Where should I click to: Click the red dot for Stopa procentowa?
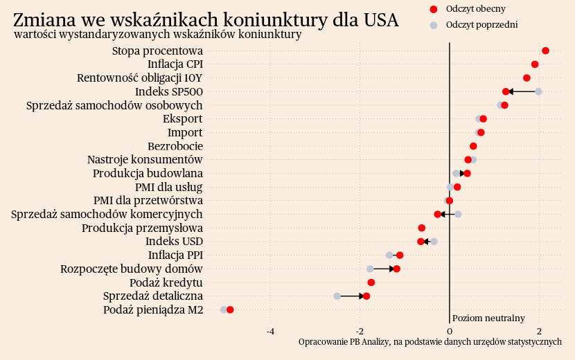(545, 51)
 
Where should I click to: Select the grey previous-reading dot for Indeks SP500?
(538, 91)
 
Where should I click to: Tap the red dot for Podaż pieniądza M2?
(230, 309)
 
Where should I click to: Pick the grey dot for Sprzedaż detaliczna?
(337, 296)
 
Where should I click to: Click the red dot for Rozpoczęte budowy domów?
(396, 269)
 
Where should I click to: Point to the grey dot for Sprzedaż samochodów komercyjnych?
(458, 215)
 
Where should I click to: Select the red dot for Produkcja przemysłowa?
(421, 228)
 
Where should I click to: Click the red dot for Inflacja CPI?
(535, 64)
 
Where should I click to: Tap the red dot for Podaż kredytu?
(371, 282)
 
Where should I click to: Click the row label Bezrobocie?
(175, 146)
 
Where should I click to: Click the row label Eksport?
(183, 119)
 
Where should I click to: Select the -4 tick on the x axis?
(271, 331)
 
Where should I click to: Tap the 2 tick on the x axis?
(538, 331)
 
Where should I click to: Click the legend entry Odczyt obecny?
(475, 9)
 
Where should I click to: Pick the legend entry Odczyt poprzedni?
(481, 25)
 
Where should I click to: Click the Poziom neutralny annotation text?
(488, 318)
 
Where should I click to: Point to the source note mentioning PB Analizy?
(430, 342)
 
